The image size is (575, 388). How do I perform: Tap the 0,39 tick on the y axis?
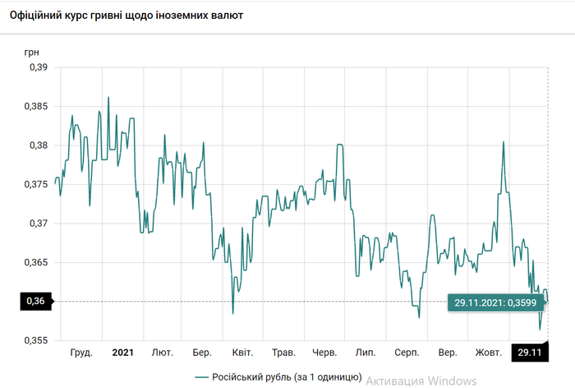[38, 67]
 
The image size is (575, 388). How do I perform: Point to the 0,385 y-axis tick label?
[35, 107]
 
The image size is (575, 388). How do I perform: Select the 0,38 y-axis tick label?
[38, 145]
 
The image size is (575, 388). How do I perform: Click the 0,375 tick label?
[35, 184]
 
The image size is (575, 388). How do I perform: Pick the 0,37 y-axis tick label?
[38, 224]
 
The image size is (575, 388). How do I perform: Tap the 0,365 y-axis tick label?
[35, 262]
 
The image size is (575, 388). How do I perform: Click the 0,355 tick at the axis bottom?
[35, 340]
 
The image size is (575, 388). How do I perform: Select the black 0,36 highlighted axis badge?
[35, 302]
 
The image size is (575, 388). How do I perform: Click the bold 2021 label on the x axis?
[122, 353]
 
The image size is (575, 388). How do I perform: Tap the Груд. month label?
[80, 353]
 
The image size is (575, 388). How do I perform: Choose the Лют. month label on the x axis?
[162, 353]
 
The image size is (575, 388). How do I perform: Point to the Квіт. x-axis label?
[242, 353]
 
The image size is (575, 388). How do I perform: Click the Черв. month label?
[324, 353]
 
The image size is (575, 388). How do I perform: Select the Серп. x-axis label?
[407, 353]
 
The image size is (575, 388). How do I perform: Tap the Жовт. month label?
[489, 353]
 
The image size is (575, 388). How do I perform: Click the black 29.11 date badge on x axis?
[529, 353]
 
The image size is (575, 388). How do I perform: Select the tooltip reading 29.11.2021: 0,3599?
[495, 303]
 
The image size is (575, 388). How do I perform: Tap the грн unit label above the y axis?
[31, 51]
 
